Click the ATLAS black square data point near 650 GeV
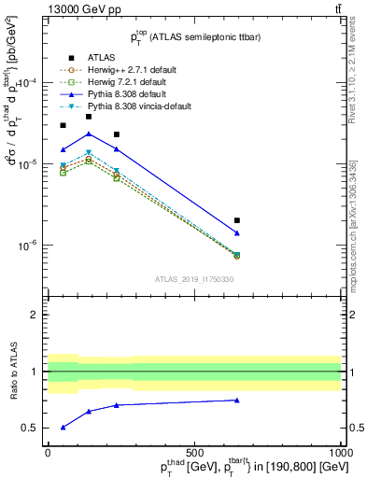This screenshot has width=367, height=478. coord(237,220)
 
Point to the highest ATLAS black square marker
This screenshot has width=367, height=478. coord(89,117)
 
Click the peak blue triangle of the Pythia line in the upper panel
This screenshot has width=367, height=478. coord(89,134)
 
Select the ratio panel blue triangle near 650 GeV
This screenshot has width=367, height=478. coord(237,401)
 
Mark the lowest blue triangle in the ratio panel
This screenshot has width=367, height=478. coord(63,428)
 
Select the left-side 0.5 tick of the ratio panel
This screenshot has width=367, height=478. coord(32,428)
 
